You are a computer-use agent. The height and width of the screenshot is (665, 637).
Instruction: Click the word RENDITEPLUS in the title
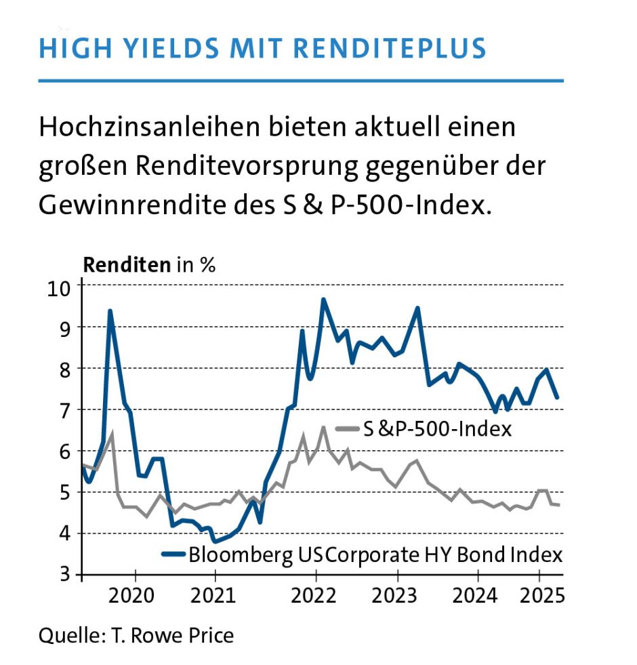click(394, 48)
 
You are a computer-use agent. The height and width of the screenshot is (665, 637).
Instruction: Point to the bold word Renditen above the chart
click(127, 264)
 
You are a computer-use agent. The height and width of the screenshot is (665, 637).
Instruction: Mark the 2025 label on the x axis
click(540, 597)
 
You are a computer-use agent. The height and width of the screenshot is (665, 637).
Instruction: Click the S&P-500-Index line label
click(436, 429)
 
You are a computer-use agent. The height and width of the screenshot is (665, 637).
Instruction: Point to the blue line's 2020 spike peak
click(110, 311)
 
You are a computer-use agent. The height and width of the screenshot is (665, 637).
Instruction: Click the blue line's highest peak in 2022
click(323, 300)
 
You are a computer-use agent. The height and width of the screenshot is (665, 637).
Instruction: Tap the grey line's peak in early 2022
click(323, 427)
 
